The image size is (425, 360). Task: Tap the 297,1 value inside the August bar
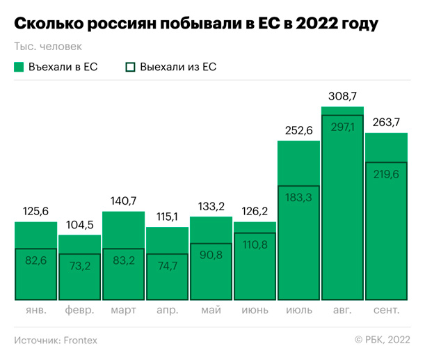[x=342, y=127]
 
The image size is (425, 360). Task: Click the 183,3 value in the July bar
[x=298, y=197]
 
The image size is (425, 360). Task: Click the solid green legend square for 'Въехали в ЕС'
[x=19, y=67]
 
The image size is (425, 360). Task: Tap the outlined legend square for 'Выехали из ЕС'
[x=130, y=67]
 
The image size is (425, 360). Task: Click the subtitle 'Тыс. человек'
[x=47, y=47]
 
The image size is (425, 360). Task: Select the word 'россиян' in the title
[x=122, y=24]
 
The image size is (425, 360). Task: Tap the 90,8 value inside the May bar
[x=211, y=254]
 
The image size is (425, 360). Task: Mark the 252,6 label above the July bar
[x=298, y=130]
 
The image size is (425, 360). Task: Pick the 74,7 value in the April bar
[x=167, y=265]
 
